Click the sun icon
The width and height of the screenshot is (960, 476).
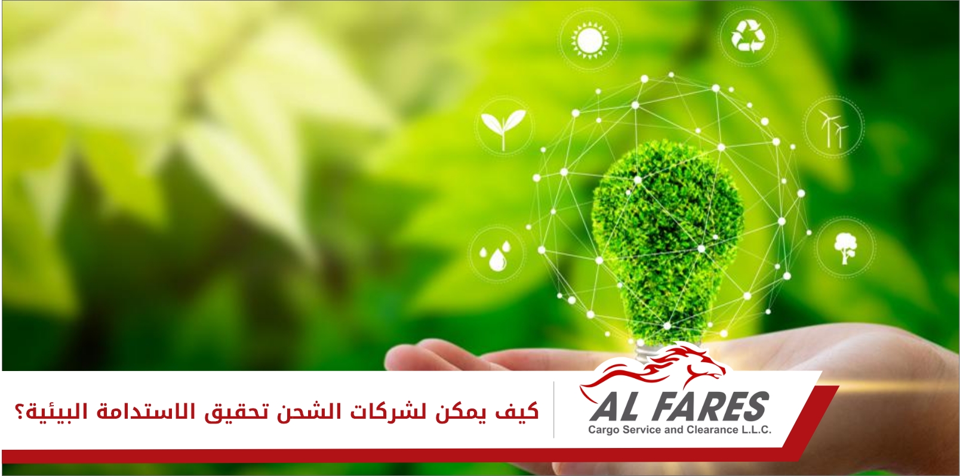pos(590,40)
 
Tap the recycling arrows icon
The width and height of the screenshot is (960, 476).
pos(748,36)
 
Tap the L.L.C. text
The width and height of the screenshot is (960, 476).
pos(755,429)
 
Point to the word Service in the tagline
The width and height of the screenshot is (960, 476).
pos(639,429)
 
